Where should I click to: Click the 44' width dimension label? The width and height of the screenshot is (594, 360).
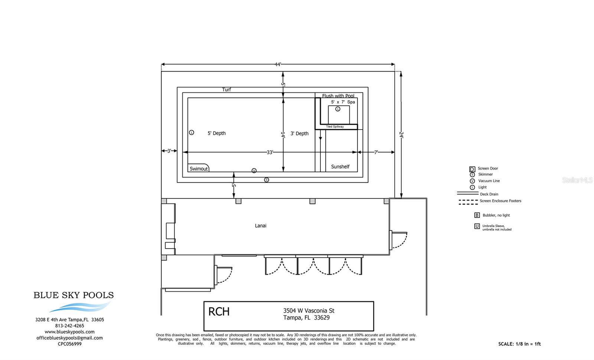point(278,65)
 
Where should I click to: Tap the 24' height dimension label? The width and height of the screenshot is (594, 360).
point(401,135)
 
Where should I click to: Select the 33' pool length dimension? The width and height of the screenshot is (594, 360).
point(270,152)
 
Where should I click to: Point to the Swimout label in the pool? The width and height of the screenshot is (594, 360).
point(199,169)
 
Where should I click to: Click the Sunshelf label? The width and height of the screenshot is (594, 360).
point(340,167)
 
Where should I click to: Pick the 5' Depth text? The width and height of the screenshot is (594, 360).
point(216,133)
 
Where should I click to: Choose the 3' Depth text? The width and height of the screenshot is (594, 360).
point(299,134)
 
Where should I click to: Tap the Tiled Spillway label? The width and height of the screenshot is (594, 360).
point(335,127)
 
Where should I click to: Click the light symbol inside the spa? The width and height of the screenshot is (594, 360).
point(338,109)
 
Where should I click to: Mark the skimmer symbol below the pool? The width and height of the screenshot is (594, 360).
point(266,180)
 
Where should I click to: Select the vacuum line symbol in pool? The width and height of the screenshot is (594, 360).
point(254,171)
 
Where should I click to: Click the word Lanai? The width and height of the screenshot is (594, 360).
point(261,226)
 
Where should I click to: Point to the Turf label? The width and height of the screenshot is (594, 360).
point(226,89)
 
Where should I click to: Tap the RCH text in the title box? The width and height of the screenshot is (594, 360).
point(219,312)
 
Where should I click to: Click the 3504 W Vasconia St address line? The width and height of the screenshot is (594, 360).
point(309,311)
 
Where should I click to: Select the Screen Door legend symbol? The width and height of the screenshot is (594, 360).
point(472,169)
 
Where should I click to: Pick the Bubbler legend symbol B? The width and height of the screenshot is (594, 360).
point(477,215)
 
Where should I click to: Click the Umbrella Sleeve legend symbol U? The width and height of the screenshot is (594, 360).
point(477,226)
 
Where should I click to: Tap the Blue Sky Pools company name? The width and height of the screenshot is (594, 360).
point(74,295)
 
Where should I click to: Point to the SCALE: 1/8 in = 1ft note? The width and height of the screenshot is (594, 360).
point(519,344)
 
